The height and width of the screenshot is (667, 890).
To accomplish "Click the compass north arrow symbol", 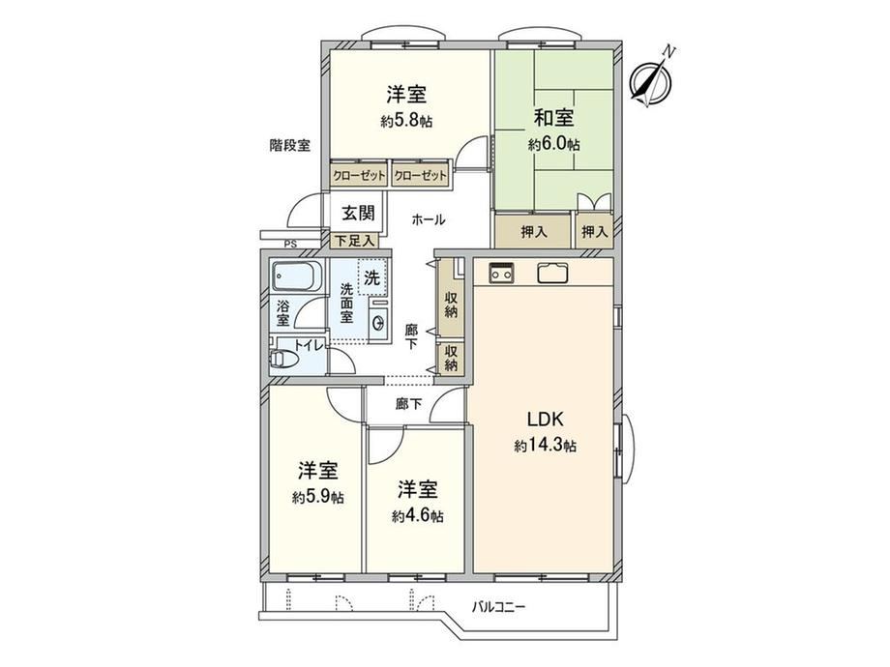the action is tap(652, 79).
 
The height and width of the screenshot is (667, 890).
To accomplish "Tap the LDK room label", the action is tap(545, 420).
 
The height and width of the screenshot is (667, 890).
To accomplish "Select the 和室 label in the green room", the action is tap(553, 118).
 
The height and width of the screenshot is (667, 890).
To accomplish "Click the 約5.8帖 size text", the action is tap(406, 121).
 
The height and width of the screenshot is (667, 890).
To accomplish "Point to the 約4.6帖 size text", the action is tap(417, 516).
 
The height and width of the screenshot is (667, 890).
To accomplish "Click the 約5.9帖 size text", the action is tap(318, 498).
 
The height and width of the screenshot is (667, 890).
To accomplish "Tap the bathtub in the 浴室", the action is tap(297, 276).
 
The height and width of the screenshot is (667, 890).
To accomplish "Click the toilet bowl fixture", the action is tap(284, 359).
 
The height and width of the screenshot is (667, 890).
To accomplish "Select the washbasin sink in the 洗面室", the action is tap(378, 322).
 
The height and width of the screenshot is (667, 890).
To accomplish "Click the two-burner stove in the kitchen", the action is tap(502, 274).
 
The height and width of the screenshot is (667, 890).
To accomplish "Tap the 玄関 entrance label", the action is tap(358, 214).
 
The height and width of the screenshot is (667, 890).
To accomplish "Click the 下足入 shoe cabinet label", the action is tap(354, 241).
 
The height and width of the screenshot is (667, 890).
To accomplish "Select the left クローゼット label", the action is tap(359, 176).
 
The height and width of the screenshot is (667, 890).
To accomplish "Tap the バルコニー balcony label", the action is tap(499, 607).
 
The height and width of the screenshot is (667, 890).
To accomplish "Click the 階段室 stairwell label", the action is tap(290, 145).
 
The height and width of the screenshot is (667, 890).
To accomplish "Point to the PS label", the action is tap(290, 245).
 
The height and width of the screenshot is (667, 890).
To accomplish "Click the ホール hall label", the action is tap(428, 219).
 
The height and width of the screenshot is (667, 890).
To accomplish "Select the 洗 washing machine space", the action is tap(372, 277).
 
